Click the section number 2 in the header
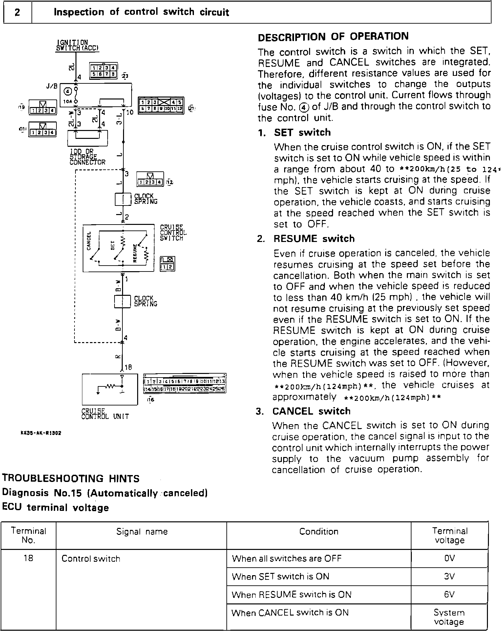point(17,12)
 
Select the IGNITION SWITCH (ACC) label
point(77,46)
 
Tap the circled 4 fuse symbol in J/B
point(68,91)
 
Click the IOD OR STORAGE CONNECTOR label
point(88,157)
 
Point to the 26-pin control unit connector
point(185,384)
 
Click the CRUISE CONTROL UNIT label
point(105,414)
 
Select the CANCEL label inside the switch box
point(89,241)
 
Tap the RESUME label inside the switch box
point(135,253)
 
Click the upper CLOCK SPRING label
point(146,199)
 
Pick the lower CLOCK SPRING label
point(146,301)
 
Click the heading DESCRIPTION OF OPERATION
point(333,36)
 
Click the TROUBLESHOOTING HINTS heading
point(71,478)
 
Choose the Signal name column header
point(142,532)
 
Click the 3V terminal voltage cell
point(449,576)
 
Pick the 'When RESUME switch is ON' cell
point(291,594)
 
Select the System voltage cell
point(449,617)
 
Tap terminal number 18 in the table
point(29,558)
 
